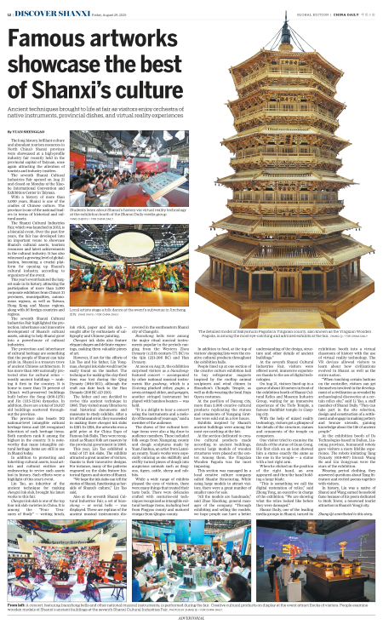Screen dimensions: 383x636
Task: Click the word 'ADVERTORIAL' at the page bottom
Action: [x=191, y=629]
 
